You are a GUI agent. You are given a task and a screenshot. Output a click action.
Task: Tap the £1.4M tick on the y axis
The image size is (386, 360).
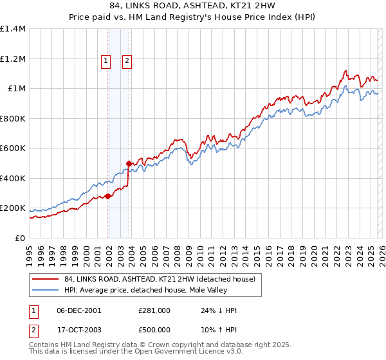coord(13,29)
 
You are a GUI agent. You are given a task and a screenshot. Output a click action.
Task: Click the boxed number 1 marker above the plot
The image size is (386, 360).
coord(106,61)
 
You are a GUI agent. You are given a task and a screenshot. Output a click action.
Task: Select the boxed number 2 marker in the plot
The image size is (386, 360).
coord(127,61)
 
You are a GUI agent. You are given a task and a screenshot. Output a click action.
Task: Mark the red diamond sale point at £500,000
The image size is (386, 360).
coord(129,164)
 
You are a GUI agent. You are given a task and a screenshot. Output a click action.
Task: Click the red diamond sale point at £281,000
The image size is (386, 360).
coord(108,197)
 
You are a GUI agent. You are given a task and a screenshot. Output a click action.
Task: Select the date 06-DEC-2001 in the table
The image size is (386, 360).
coord(79,310)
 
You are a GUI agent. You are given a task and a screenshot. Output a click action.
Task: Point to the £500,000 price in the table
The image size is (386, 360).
coord(154,329)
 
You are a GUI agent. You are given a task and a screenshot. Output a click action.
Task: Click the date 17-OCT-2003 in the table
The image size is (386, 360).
coord(79,329)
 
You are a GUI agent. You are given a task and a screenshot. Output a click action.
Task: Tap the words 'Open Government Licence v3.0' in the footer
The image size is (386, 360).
coord(188,353)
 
